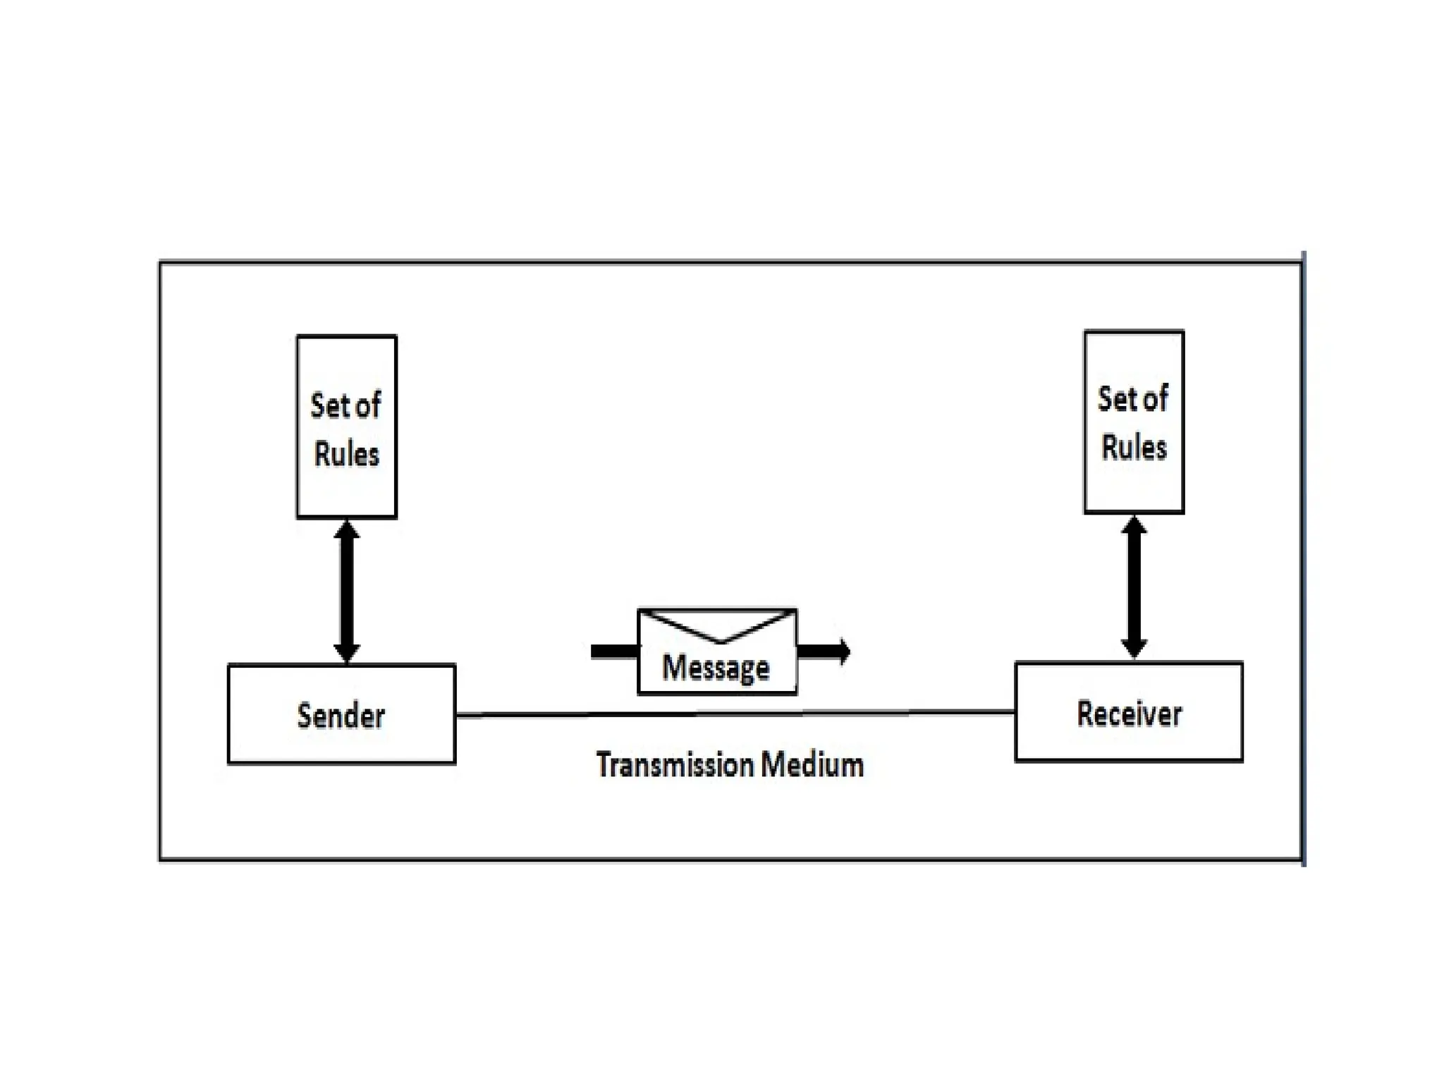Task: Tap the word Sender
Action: pos(341,716)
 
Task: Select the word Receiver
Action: pos(1129,714)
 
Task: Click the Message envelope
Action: pos(717,652)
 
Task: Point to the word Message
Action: pos(716,668)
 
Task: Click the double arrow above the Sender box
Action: pos(346,592)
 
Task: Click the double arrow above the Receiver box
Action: pos(1134,587)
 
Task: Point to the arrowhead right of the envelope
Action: pos(844,651)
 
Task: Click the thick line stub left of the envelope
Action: pos(613,651)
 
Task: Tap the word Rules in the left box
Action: pos(346,454)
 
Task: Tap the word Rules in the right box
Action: pos(1134,448)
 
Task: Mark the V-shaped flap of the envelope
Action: pos(719,628)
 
